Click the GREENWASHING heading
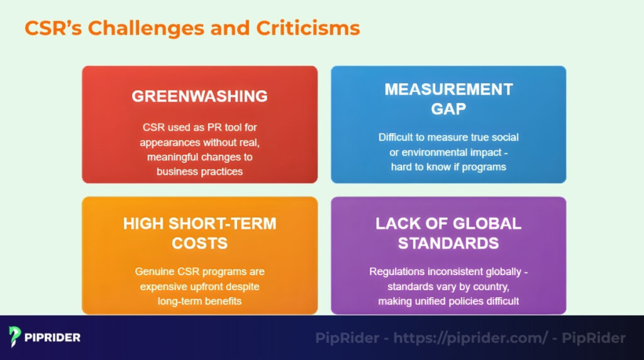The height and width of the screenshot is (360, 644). pyautogui.click(x=199, y=96)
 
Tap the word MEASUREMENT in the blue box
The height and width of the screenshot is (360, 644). pyautogui.click(x=448, y=89)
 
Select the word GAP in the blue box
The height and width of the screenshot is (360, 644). pyautogui.click(x=448, y=108)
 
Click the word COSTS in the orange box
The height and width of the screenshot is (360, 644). pyautogui.click(x=199, y=243)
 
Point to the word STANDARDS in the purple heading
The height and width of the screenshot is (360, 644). pyautogui.click(x=448, y=243)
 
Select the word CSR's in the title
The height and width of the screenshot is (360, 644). pyautogui.click(x=53, y=28)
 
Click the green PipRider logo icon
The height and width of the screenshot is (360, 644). pyautogui.click(x=16, y=337)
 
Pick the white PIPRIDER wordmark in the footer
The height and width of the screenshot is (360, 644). pyautogui.click(x=53, y=337)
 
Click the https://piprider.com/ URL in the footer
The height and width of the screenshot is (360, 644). pyautogui.click(x=470, y=338)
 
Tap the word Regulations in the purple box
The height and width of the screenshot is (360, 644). pyautogui.click(x=397, y=272)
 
